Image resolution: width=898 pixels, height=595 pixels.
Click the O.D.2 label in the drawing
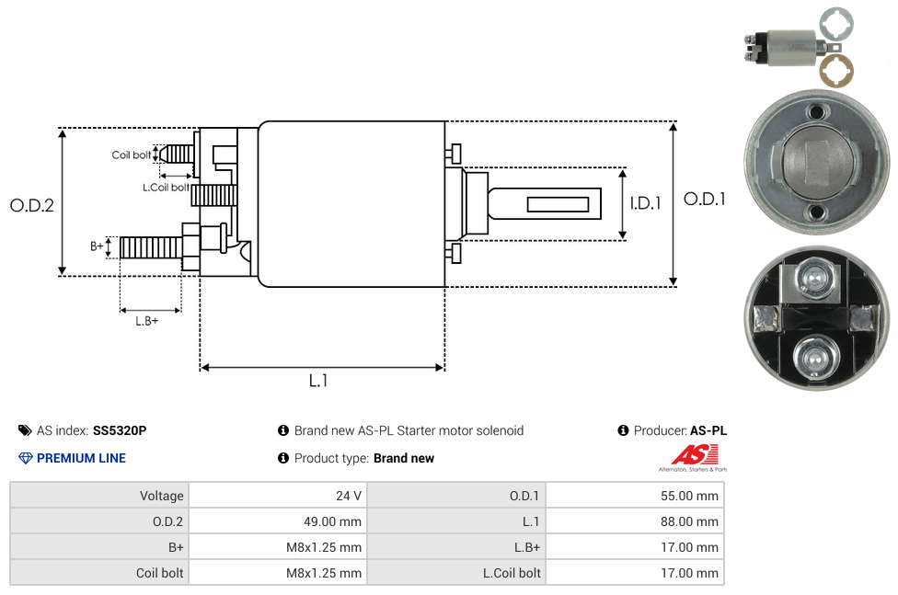pos(32,205)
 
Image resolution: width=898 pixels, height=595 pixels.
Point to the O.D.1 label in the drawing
pos(704,199)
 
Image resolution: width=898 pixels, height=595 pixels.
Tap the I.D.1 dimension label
pos(645,203)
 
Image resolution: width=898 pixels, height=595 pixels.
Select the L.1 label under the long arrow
pos(318,380)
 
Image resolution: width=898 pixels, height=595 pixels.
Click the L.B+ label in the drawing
pos(147,321)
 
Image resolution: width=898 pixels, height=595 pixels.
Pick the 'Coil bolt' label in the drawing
pos(131,154)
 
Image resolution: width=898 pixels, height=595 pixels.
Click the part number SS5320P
pos(120,430)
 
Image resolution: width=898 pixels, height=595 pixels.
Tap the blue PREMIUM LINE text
pos(81,458)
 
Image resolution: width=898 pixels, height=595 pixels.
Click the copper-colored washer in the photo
pos(837,71)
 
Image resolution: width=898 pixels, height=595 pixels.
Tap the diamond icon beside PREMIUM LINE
pos(26,458)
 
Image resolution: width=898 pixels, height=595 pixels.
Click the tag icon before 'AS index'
pos(25,430)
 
